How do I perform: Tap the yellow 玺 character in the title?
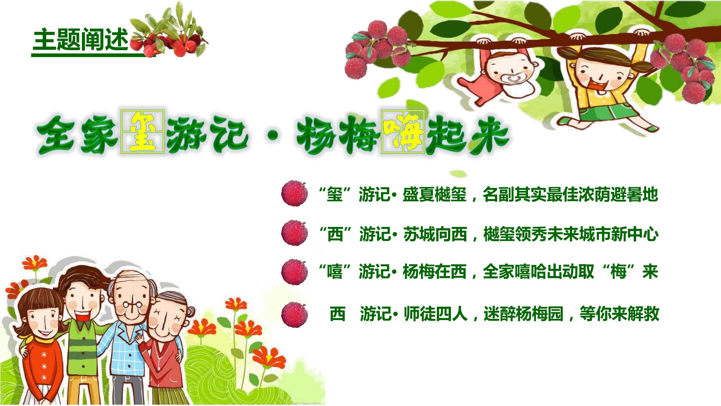click(x=143, y=132)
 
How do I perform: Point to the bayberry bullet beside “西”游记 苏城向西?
click(x=294, y=233)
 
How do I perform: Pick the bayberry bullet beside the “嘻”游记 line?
click(x=294, y=272)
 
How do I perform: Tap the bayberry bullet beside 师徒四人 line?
click(x=294, y=315)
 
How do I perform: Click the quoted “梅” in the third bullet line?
click(x=618, y=272)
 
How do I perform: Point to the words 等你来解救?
click(x=619, y=314)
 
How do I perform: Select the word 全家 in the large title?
click(x=77, y=134)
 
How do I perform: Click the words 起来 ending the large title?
click(x=467, y=134)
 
